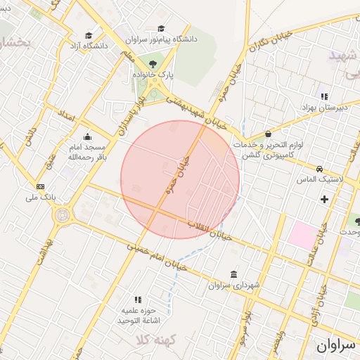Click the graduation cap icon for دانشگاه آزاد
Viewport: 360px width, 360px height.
[89, 35]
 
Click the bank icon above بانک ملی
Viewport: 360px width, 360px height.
[40, 186]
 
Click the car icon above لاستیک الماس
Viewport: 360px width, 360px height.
[319, 169]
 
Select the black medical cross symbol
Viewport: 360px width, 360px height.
[324, 199]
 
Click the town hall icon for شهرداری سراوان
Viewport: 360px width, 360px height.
[233, 274]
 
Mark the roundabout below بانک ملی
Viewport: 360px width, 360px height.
[61, 215]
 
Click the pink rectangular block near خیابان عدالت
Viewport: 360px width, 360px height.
[302, 233]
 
